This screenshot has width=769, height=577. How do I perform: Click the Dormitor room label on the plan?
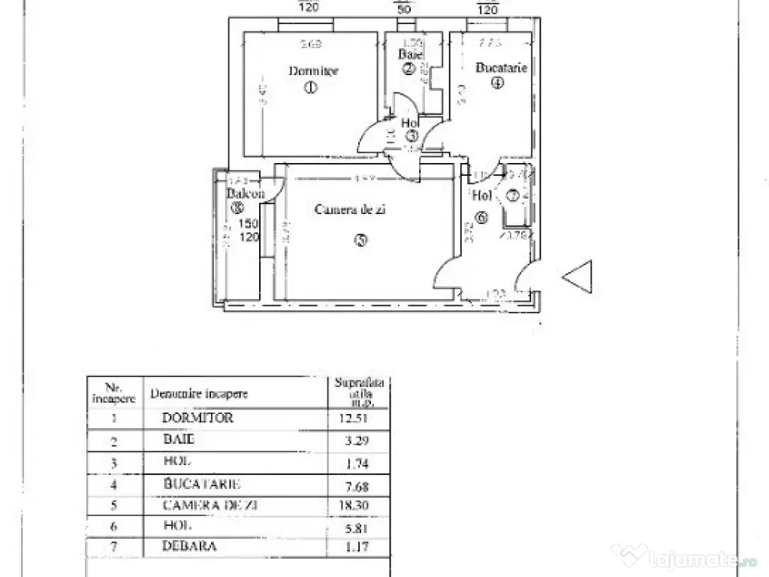point(313,71)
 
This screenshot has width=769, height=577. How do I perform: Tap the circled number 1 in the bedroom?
point(311,88)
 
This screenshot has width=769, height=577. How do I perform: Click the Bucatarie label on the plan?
point(501,68)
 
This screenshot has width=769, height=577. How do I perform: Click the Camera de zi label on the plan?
point(350,210)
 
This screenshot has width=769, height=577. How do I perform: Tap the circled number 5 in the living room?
point(362,240)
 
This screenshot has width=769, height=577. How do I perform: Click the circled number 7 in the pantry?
point(513,197)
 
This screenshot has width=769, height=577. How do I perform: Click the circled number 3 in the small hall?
point(414,137)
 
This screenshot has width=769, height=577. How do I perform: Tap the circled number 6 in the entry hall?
point(481,218)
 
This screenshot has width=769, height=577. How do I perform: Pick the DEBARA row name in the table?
point(189,546)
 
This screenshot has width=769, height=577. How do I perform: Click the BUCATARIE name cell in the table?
point(203,485)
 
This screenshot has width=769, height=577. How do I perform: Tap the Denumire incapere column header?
point(199,393)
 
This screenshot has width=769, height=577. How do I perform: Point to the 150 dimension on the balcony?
point(249,223)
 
